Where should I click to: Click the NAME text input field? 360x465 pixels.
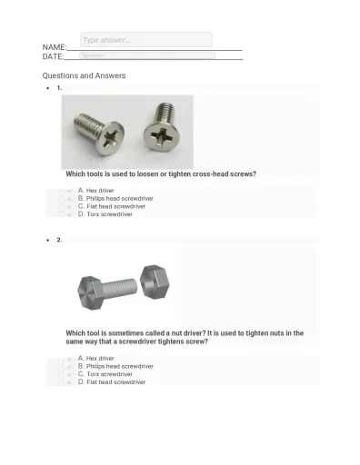(x=145, y=40)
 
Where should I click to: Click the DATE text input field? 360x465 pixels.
(x=145, y=55)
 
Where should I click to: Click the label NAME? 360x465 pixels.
(x=54, y=47)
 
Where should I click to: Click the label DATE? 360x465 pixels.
(x=53, y=57)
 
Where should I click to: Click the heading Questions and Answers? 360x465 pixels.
(x=84, y=75)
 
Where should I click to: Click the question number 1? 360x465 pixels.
(x=59, y=88)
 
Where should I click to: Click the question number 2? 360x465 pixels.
(x=59, y=240)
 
